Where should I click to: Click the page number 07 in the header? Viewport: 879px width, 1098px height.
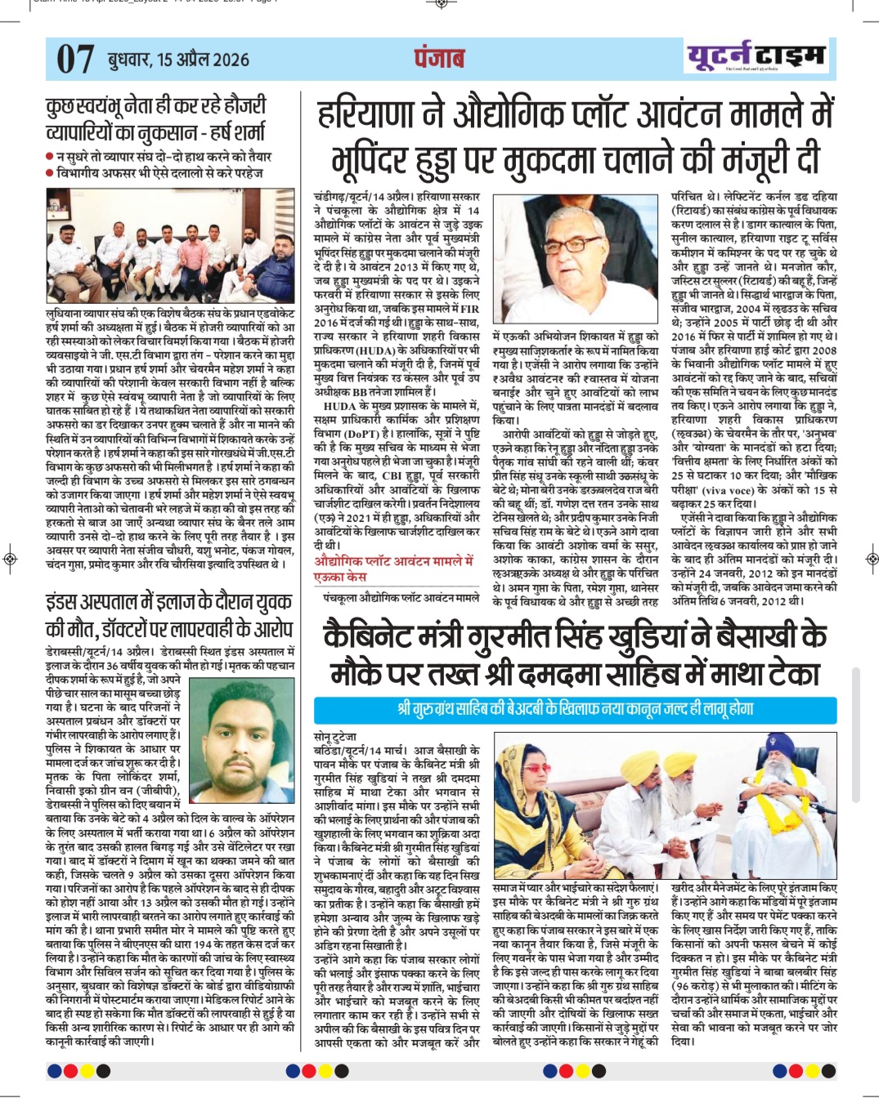[75, 59]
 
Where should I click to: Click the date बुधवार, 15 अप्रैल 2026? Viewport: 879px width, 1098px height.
[178, 60]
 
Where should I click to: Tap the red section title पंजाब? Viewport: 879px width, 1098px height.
[439, 58]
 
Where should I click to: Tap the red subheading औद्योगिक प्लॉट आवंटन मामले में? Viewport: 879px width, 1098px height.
[394, 561]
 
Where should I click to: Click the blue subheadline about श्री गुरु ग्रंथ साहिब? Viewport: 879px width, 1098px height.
[575, 708]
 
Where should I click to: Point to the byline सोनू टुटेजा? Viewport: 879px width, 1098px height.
[336, 736]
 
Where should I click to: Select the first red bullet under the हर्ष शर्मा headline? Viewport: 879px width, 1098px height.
[50, 156]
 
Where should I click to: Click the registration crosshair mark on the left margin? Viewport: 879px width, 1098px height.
[10, 559]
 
